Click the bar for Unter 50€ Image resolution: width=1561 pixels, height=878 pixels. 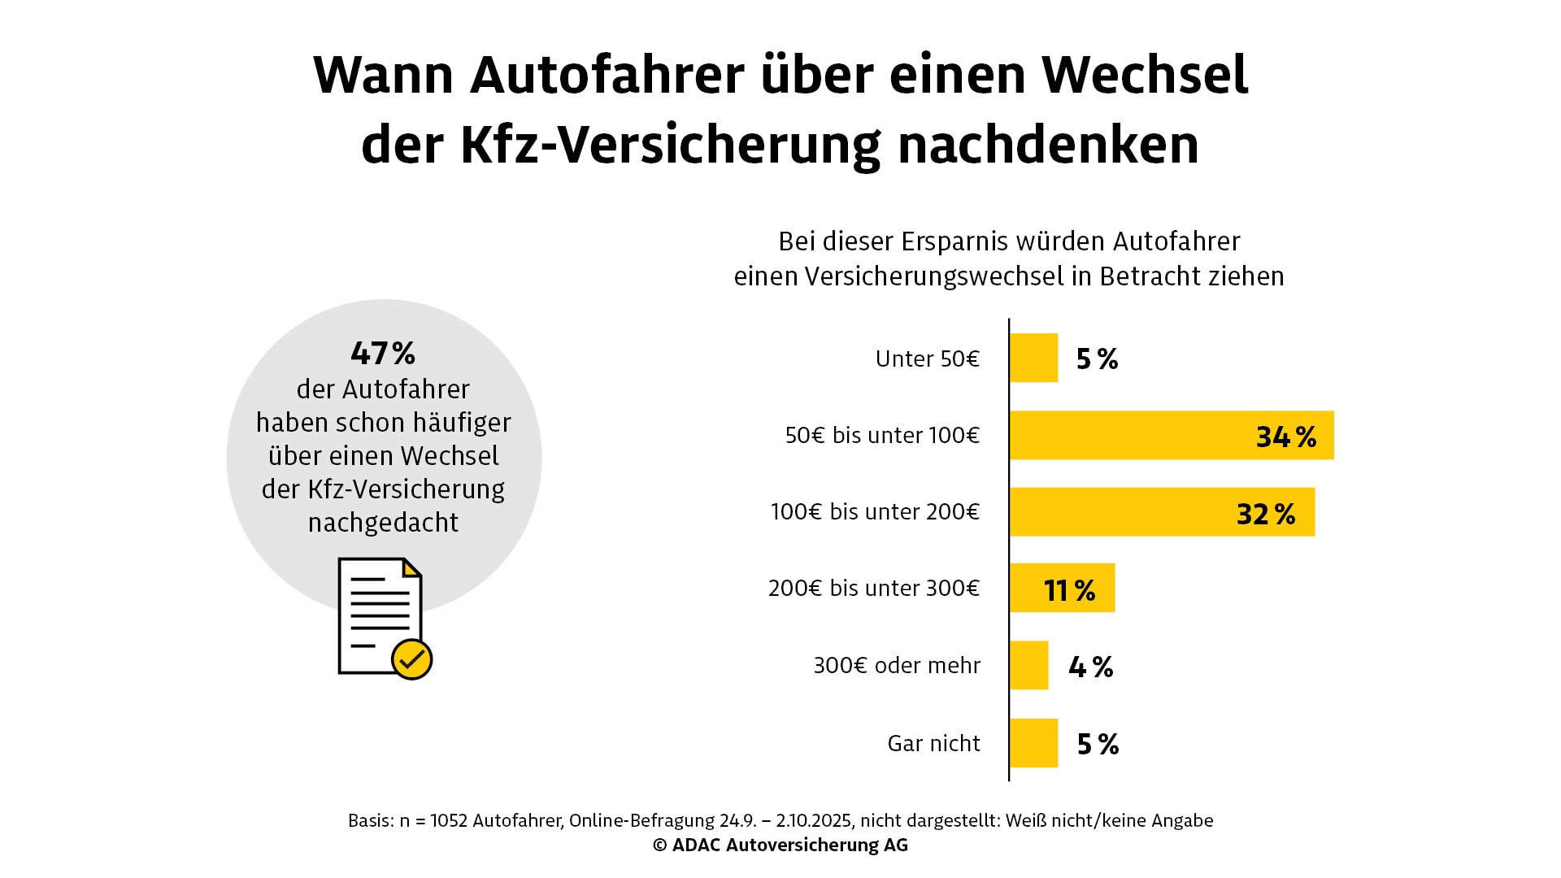pos(1033,358)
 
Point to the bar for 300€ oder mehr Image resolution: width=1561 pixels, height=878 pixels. pos(1028,665)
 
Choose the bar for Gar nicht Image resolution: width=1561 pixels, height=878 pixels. pos(1033,743)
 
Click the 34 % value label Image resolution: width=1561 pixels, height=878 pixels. pos(1286,437)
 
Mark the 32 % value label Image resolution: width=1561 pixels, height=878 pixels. pos(1266,514)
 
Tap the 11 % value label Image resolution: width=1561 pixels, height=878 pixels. pos(1069,590)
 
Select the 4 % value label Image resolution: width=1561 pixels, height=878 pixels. pos(1091,667)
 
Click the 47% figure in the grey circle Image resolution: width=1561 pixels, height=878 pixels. pos(383,353)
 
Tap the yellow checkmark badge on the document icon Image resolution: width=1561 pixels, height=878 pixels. pos(411,658)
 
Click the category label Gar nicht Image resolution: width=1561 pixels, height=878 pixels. pos(933,743)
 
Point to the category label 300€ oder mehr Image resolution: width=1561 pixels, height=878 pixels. pos(897,665)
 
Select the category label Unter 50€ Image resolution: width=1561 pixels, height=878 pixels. pos(927,359)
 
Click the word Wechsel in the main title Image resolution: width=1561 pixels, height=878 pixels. pos(1145,75)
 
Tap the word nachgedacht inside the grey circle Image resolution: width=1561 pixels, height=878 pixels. pos(383,522)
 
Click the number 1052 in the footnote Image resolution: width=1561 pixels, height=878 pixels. pos(449,820)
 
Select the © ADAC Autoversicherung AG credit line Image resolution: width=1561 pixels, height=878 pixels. pos(780,845)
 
